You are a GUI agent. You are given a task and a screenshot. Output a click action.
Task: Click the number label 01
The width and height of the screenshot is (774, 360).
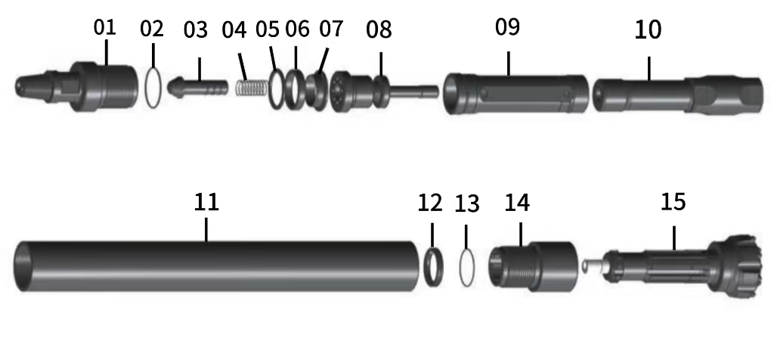click(x=105, y=28)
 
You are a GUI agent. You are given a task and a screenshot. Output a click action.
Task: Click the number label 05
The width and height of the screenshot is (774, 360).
click(x=267, y=29)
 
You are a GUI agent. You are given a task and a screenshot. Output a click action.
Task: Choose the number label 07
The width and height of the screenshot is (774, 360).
click(x=331, y=29)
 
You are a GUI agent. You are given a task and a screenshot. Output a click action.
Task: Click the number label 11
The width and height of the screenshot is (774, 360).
click(x=206, y=201)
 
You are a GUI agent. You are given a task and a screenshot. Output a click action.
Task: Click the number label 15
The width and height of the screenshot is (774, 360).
click(x=673, y=202)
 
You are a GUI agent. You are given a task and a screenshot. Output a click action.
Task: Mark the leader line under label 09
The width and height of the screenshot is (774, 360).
click(x=509, y=63)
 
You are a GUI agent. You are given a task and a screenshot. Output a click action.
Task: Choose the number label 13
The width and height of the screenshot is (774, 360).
click(x=467, y=203)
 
